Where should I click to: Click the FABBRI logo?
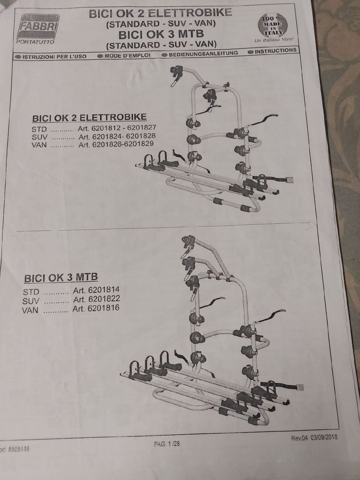[38, 27]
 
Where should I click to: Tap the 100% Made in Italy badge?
[273, 25]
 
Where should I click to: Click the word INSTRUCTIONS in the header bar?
[275, 50]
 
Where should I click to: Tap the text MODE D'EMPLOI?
[127, 56]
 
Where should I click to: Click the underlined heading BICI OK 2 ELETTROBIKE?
[89, 117]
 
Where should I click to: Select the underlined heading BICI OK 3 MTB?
[61, 278]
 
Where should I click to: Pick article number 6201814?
[104, 290]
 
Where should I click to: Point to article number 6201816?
[103, 308]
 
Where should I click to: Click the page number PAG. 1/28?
[167, 444]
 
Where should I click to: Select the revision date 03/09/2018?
[324, 437]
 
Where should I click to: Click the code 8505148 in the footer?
[19, 449]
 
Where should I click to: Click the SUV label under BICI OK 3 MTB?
[30, 301]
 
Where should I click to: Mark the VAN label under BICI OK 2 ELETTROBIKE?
[39, 145]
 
